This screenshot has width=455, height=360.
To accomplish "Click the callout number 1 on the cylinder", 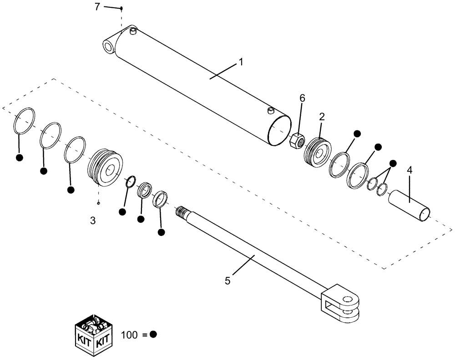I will [x=241, y=62].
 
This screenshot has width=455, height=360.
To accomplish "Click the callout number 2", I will [x=321, y=116].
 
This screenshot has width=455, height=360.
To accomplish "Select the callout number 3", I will [x=92, y=221].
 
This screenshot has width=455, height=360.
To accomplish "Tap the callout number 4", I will [x=409, y=171].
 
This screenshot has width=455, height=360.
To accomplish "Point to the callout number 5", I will [x=228, y=281].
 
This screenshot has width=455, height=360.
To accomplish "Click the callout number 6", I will [x=302, y=98].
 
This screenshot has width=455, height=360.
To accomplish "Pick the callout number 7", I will [x=96, y=7].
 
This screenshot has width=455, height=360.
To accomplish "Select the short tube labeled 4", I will [x=409, y=205].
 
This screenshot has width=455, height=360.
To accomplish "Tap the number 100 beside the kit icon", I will [x=129, y=335].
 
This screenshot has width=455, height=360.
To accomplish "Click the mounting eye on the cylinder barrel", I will [x=109, y=47].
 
